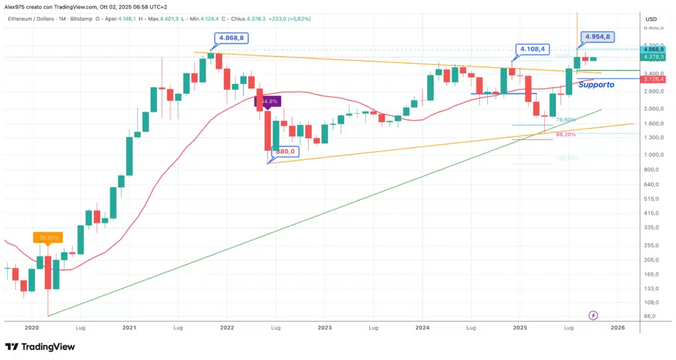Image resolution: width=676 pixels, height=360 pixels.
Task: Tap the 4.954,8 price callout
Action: pos(597,37)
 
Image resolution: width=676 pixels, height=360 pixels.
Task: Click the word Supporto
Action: pos(596,85)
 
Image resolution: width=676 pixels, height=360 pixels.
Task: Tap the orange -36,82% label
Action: pos(48,237)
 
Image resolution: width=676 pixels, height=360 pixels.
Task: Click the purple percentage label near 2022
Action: pos(269,101)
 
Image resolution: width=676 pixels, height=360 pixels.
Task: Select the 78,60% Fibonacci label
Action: pos(566,120)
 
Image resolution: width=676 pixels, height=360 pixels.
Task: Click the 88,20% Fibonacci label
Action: pos(566,134)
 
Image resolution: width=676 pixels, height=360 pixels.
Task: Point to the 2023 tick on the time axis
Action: pos(324,327)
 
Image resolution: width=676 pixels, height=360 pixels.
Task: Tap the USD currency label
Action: pos(651,19)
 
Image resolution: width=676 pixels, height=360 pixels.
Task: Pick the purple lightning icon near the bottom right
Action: pos(593,316)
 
